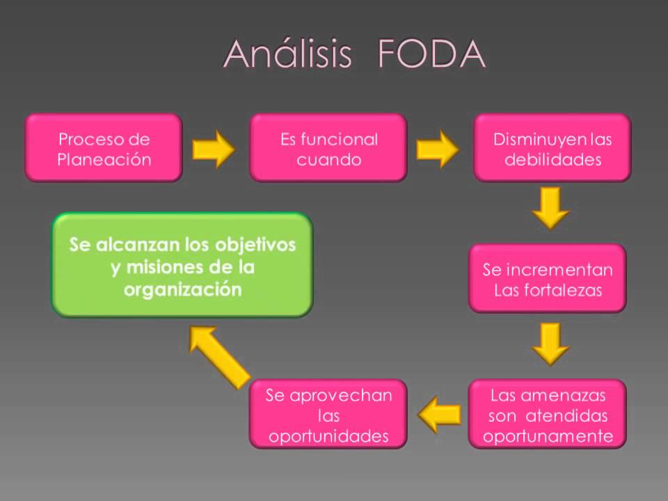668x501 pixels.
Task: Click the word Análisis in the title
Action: click(x=287, y=55)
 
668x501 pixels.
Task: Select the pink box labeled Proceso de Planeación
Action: click(x=104, y=148)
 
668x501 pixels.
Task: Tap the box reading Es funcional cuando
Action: click(x=328, y=148)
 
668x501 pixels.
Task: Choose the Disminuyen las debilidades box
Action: click(x=552, y=148)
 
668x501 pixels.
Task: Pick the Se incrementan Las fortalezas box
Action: click(x=548, y=278)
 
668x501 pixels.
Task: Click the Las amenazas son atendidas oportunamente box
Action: click(x=548, y=415)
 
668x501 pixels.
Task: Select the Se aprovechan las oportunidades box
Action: click(x=328, y=415)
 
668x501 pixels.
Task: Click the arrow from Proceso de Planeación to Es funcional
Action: click(x=214, y=149)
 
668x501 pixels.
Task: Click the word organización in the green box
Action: click(x=182, y=289)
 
